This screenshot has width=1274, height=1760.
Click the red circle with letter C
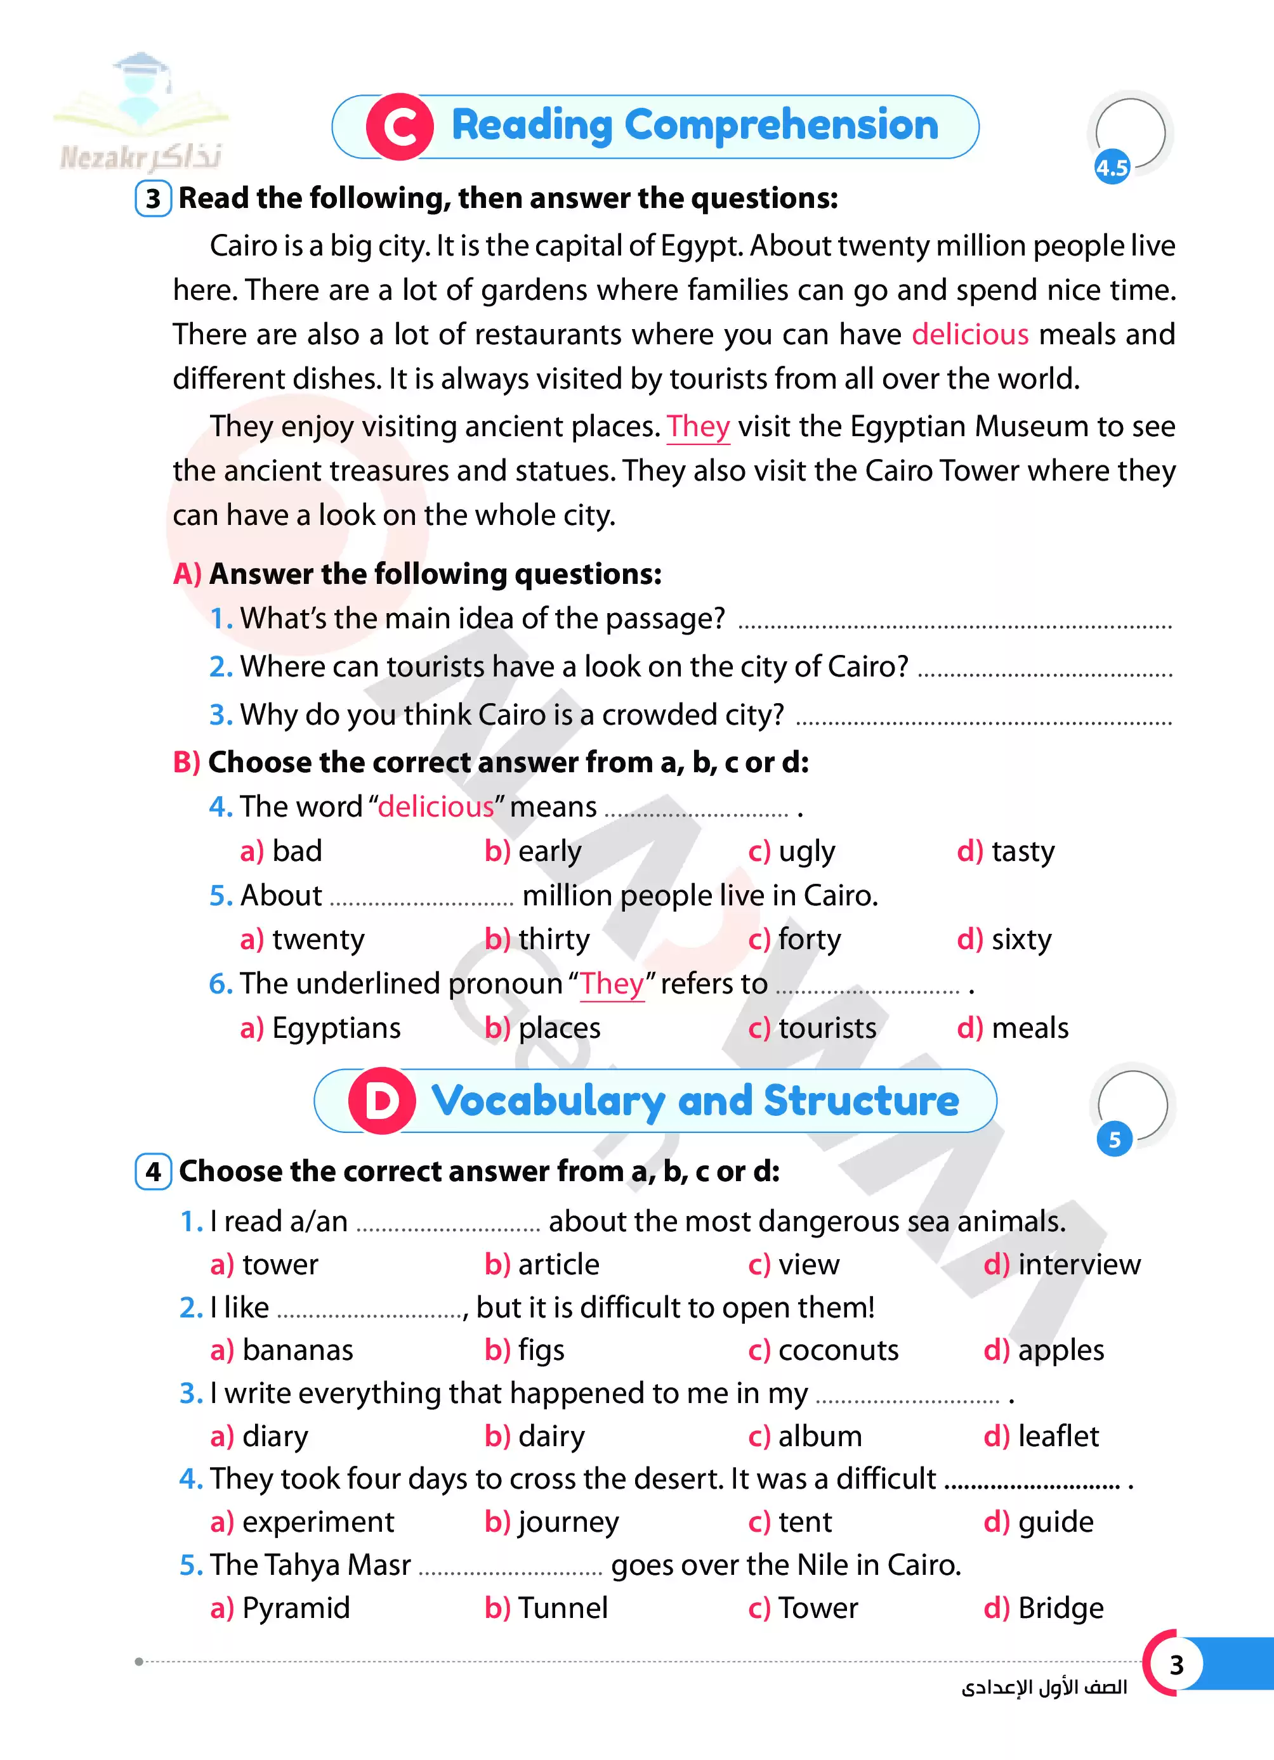coord(400,127)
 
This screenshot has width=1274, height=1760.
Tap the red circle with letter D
coord(382,1101)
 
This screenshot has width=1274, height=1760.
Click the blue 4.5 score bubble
coord(1112,167)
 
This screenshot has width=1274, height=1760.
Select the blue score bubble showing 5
coord(1115,1139)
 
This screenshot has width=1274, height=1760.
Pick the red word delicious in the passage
coord(969,335)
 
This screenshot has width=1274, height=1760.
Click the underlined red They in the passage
coord(698,427)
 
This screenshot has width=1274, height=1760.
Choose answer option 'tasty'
coord(1023,851)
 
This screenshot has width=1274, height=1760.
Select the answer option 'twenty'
coord(317,940)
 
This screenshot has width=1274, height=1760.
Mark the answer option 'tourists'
coord(827,1028)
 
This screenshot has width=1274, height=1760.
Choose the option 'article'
coord(558,1265)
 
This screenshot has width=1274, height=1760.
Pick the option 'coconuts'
coord(837,1350)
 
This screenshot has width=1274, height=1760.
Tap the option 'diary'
coord(275,1437)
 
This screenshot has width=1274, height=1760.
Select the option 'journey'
coord(568,1522)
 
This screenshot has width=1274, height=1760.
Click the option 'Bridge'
coord(1060,1608)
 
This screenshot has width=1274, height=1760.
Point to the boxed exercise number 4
coord(153,1172)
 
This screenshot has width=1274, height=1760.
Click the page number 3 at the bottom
coord(1176,1664)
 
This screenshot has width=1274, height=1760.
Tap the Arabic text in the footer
coord(1044,1687)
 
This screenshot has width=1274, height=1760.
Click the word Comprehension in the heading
coord(781,126)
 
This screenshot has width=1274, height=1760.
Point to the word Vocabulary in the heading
coord(548,1101)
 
